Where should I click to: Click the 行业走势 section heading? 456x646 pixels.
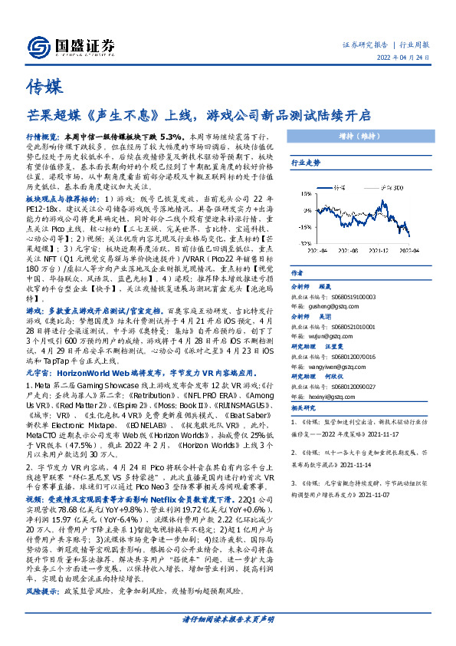305,163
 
